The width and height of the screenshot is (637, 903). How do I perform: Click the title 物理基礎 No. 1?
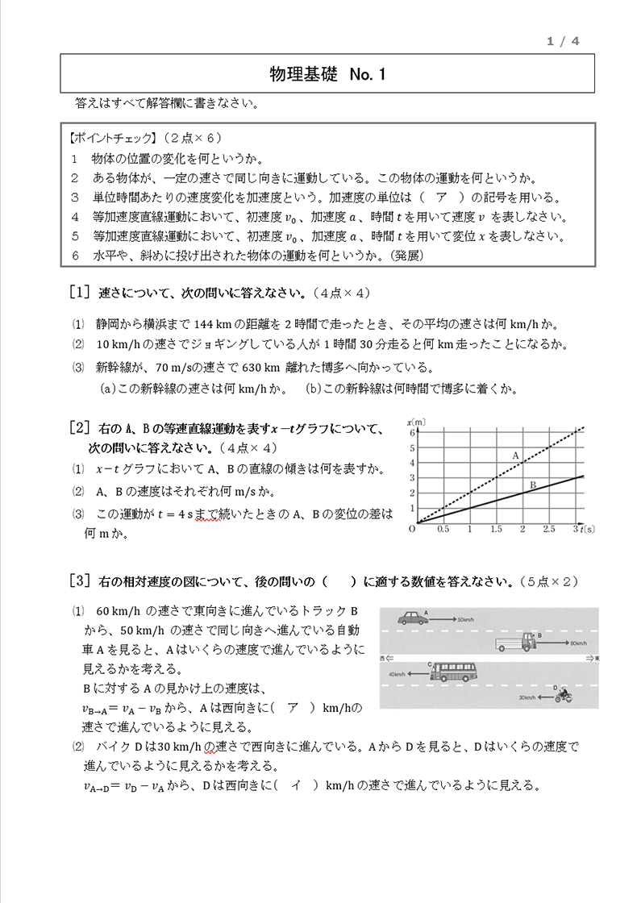point(328,74)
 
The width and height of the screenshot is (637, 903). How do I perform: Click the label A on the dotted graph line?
point(515,456)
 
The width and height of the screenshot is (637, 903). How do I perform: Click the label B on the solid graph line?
point(532,485)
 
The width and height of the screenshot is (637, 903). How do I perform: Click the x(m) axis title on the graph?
point(416,422)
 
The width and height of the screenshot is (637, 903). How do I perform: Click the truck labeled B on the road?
point(517,642)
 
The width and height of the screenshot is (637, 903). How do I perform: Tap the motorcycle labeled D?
point(562,694)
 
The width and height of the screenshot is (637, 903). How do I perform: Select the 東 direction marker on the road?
point(593,659)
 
